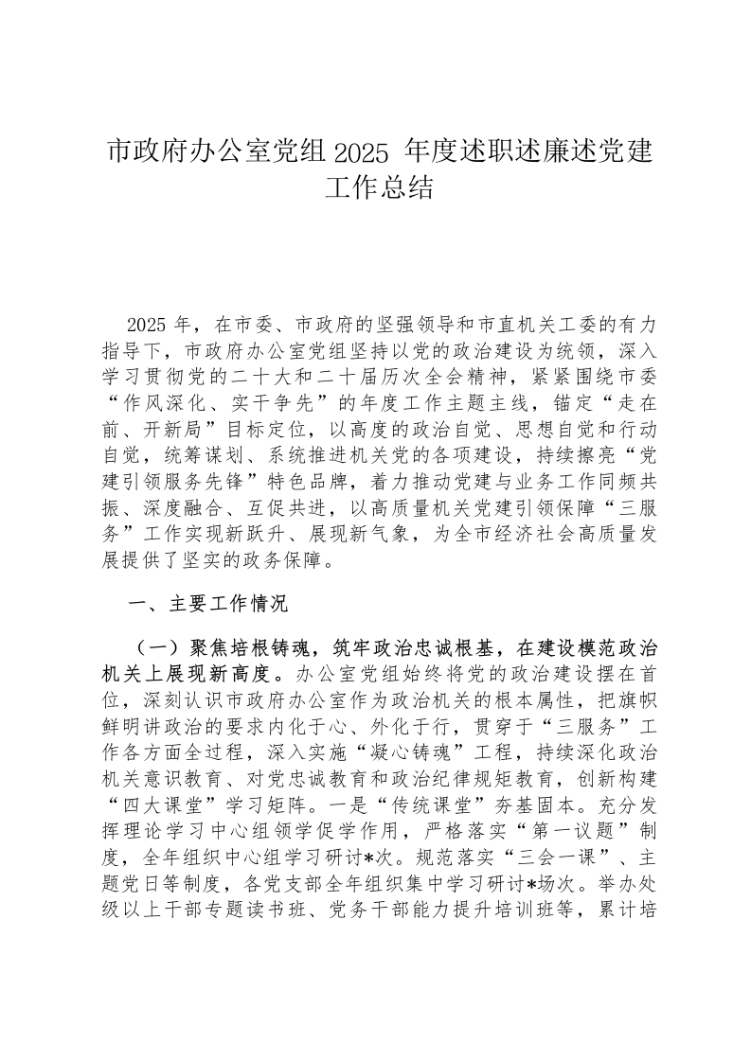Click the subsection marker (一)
click(156, 648)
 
